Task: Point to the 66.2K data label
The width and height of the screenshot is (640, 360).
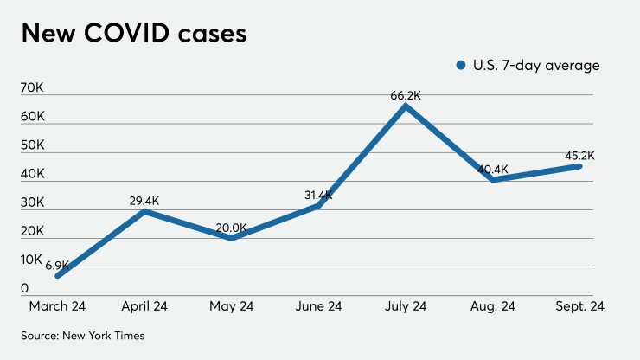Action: point(405,96)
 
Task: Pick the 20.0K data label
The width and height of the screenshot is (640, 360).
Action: point(231,228)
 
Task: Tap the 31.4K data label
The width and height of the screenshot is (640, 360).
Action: point(317,195)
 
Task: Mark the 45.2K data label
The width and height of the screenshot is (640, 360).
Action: point(579,156)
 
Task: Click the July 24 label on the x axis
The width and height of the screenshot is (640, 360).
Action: point(405,305)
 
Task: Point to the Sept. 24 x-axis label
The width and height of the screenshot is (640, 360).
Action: point(579,305)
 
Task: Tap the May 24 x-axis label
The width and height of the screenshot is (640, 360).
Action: point(231,305)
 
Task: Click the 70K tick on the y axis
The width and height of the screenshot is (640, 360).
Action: point(33,87)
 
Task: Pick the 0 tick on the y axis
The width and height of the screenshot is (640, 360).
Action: point(26,287)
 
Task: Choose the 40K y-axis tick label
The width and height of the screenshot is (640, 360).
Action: point(33,173)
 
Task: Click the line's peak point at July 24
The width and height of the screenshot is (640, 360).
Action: point(405,106)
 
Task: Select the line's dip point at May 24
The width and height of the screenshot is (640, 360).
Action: point(231,238)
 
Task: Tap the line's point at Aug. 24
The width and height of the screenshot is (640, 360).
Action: point(492,180)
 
